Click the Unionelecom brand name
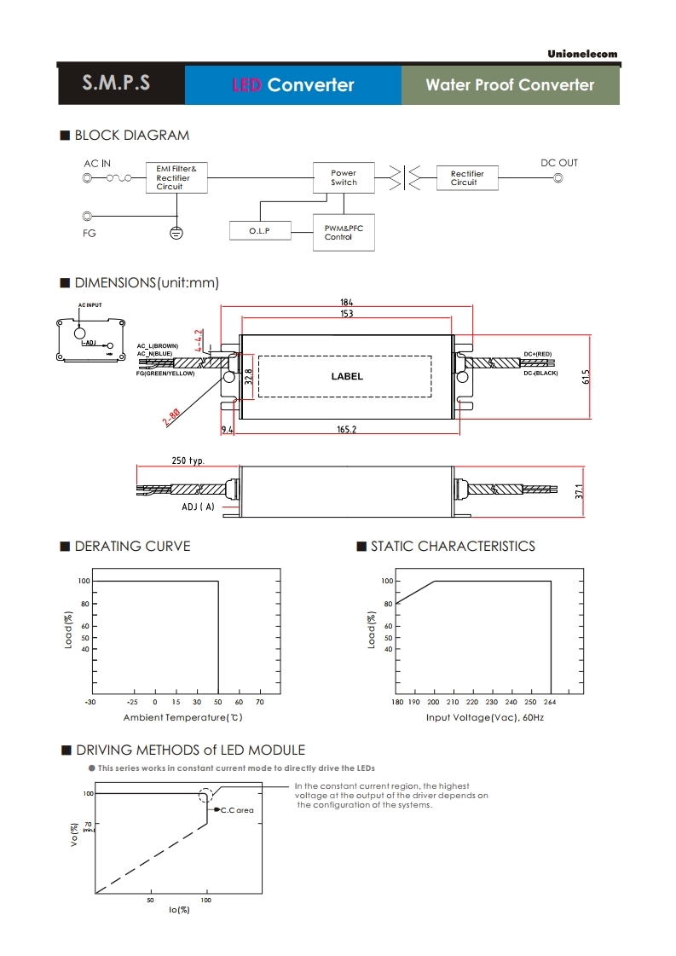point(582,54)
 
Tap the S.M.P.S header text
point(117,83)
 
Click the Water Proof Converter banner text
point(510,84)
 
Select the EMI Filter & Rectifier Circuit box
point(176,177)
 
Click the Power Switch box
point(344,177)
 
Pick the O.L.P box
point(260,230)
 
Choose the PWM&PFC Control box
point(344,232)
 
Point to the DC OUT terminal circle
point(558,178)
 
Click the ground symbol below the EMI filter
point(176,232)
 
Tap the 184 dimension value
point(347,303)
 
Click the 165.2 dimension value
point(347,429)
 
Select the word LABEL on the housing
point(347,376)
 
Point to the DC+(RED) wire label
point(538,354)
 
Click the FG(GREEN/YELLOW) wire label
point(165,374)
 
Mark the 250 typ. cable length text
point(188,461)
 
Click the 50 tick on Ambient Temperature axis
point(218,702)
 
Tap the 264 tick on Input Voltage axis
point(550,702)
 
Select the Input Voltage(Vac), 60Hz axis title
point(485,717)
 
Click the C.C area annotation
point(237,810)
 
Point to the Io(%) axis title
point(179,910)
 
